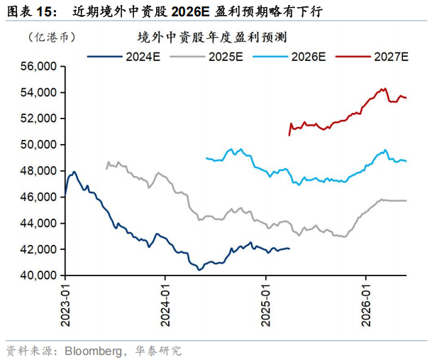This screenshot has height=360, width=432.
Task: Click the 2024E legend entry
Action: click(123, 57)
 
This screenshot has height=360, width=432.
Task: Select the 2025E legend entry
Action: click(206, 57)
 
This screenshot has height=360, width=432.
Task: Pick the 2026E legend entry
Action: click(289, 57)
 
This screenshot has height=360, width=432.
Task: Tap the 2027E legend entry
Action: click(372, 57)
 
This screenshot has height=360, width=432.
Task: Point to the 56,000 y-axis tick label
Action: click(38, 67)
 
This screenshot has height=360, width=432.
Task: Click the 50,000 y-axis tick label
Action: click(38, 145)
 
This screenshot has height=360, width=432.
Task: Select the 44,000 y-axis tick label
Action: click(38, 223)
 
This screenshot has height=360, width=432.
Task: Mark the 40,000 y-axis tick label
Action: click(38, 275)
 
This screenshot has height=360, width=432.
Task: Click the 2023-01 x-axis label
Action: click(65, 305)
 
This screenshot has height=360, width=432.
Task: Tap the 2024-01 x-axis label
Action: click(165, 305)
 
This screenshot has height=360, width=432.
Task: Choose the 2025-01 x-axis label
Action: click(265, 305)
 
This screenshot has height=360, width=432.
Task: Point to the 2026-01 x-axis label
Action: click(366, 305)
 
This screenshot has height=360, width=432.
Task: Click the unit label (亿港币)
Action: click(52, 37)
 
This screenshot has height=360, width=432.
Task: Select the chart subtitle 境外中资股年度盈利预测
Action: click(212, 37)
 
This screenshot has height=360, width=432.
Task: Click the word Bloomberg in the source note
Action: click(93, 351)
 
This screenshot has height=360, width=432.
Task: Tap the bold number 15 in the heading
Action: click(45, 11)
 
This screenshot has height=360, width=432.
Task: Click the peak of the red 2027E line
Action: click(385, 89)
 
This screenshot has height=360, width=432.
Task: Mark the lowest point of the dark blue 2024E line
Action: click(199, 270)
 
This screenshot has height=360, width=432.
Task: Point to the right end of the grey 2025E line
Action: click(406, 200)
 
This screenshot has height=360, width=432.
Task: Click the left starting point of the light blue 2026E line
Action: click(206, 158)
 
